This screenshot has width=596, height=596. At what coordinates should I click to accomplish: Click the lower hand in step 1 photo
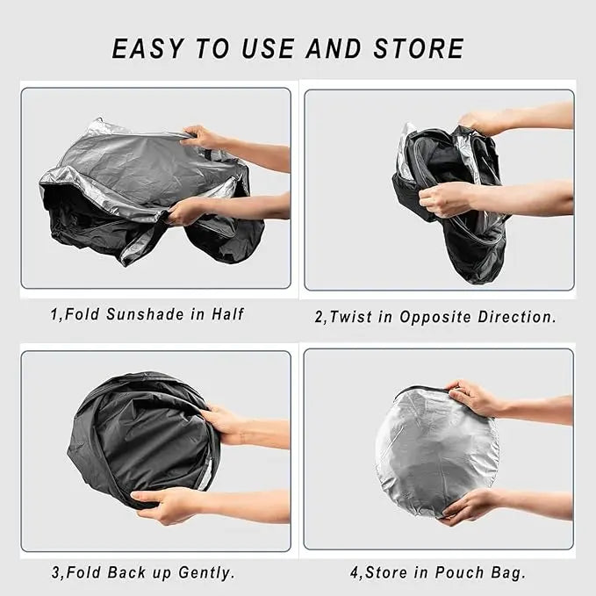[x=190, y=212]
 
